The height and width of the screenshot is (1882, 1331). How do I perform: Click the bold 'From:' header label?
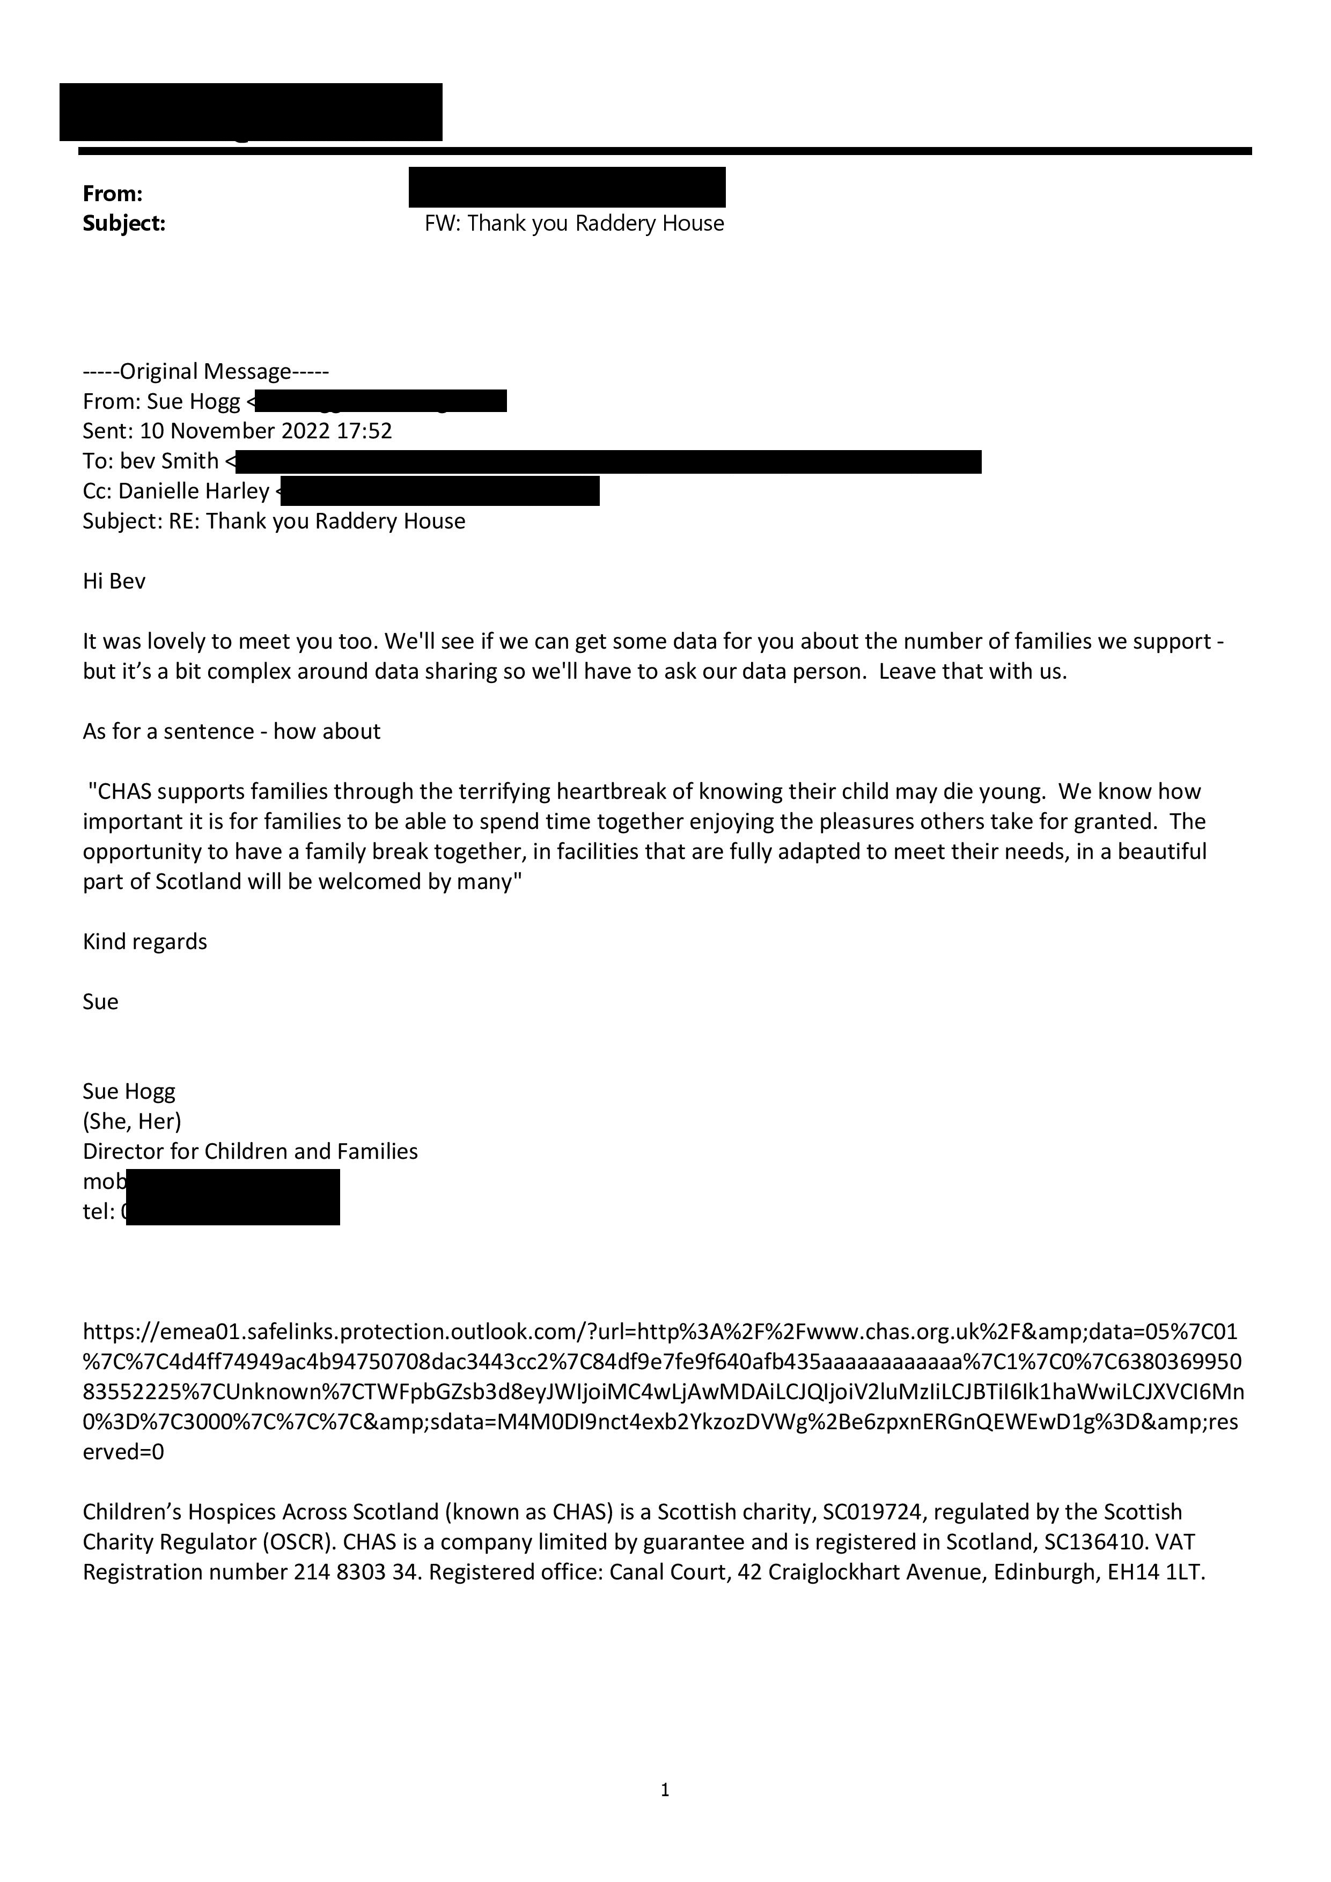click(x=112, y=194)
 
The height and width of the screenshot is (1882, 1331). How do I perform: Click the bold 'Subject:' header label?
click(x=124, y=223)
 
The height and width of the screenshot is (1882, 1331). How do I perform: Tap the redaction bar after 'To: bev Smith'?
click(x=608, y=461)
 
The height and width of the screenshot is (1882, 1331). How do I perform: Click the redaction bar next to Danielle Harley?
click(x=440, y=491)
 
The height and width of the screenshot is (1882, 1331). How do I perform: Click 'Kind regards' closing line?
click(x=145, y=942)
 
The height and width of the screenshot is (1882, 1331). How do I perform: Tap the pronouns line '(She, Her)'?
click(x=132, y=1121)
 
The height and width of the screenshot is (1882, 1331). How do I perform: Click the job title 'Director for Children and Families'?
click(x=250, y=1152)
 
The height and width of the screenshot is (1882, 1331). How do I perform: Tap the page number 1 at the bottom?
click(x=665, y=1790)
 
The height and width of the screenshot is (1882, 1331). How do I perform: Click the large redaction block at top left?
click(x=251, y=112)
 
